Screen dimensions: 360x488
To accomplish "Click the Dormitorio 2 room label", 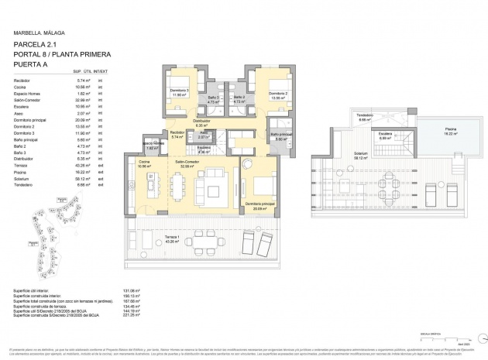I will click(279, 95).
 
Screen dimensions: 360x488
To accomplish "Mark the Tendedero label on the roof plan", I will click(365, 117).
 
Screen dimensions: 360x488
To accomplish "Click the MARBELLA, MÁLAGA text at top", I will click(39, 33).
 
